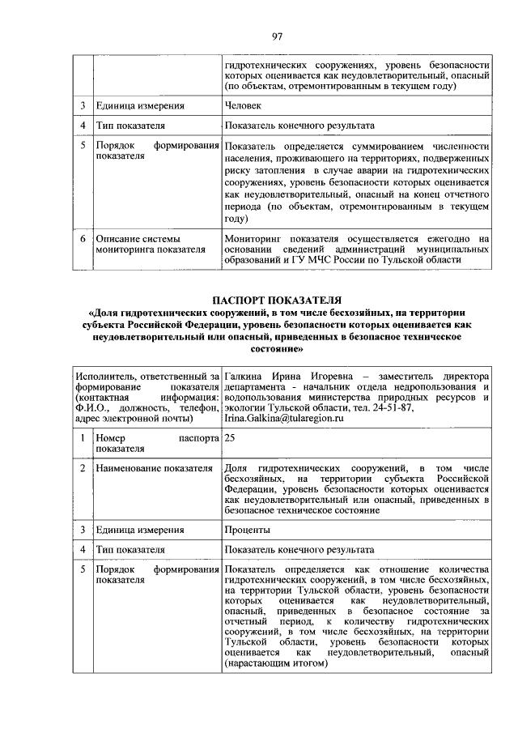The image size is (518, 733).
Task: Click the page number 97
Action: click(x=277, y=36)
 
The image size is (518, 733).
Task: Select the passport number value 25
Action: click(x=231, y=437)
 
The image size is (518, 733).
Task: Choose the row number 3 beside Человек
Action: click(x=83, y=105)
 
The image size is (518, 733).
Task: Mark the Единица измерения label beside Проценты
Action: click(x=139, y=530)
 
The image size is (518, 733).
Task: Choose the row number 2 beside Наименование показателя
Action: click(x=83, y=469)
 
